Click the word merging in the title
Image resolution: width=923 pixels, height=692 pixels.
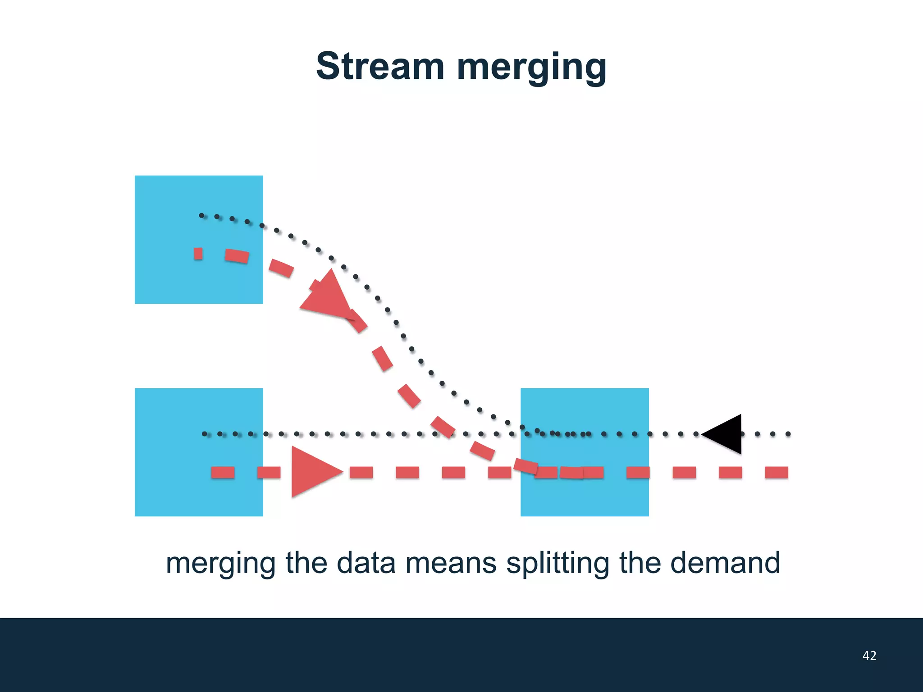pos(532,68)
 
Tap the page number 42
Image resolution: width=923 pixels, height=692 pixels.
pos(869,656)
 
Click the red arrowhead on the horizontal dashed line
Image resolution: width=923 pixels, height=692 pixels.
pos(313,472)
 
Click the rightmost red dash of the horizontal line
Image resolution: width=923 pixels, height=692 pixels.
pos(777,472)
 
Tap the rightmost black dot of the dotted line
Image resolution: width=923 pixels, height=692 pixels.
pos(788,434)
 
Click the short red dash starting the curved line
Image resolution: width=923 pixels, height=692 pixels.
pos(198,254)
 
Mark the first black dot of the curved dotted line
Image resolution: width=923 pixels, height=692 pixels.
pos(201,215)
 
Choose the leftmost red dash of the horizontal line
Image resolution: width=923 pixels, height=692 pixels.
pos(223,472)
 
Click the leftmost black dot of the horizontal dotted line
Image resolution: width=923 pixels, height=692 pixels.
pos(205,434)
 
